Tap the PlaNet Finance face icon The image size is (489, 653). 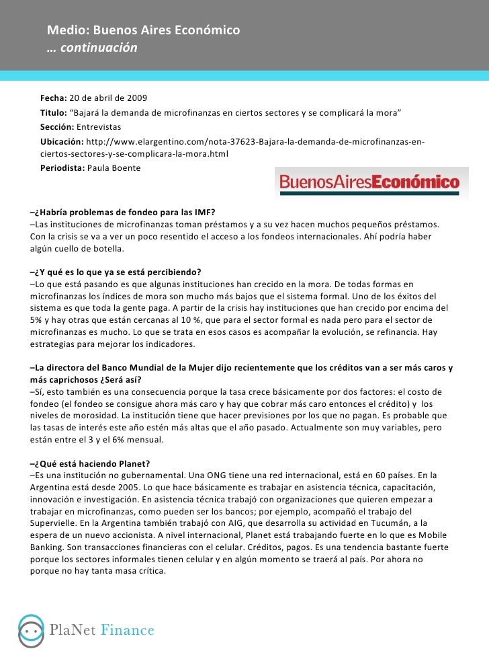point(29,630)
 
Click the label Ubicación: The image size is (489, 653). point(62,141)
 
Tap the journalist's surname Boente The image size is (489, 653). point(126,168)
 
